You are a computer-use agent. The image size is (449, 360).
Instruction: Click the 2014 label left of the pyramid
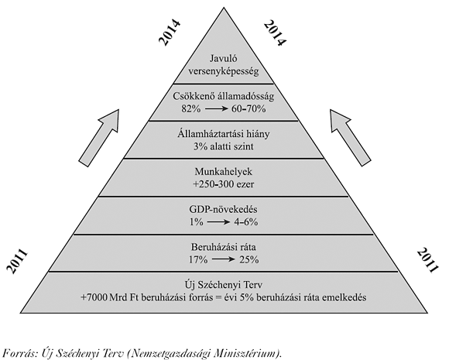click(170, 32)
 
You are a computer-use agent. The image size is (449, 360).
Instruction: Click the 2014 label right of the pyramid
click(275, 33)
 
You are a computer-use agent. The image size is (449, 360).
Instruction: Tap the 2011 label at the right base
click(427, 261)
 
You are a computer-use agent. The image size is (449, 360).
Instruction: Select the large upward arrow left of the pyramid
click(99, 137)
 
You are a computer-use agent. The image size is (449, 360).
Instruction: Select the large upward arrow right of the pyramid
click(350, 137)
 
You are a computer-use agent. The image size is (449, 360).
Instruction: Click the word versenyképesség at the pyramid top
click(224, 71)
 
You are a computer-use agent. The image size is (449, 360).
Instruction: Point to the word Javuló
click(224, 58)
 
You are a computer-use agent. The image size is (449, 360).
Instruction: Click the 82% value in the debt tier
click(190, 109)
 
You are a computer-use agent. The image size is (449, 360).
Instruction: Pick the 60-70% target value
click(248, 109)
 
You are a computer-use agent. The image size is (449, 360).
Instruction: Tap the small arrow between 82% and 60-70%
click(216, 109)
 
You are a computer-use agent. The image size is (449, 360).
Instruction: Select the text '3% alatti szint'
click(224, 146)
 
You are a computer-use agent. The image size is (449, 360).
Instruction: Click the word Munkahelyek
click(224, 172)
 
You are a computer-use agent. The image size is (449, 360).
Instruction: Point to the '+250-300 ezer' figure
click(224, 184)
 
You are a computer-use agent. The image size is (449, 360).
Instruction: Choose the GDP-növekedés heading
click(224, 209)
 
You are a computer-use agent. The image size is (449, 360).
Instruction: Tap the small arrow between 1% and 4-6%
click(219, 222)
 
